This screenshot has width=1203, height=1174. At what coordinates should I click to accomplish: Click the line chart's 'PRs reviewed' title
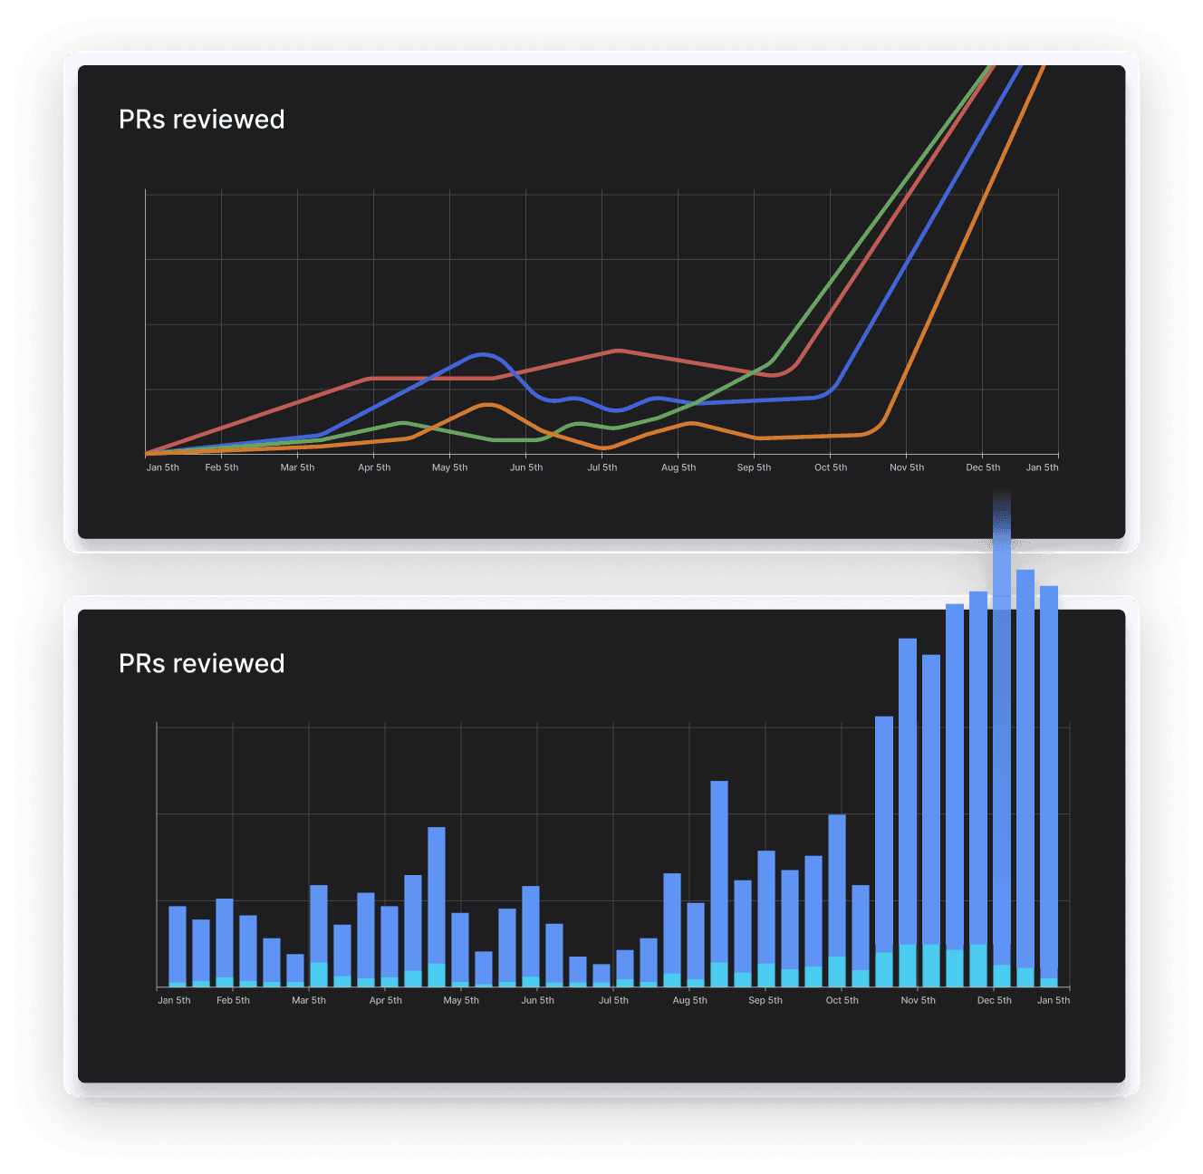pyautogui.click(x=201, y=120)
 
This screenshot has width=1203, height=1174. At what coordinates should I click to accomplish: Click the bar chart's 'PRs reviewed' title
pyautogui.click(x=201, y=664)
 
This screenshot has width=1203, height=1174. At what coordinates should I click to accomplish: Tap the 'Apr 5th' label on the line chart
pyautogui.click(x=374, y=467)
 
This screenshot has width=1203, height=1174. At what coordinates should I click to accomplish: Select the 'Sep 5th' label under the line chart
pyautogui.click(x=754, y=467)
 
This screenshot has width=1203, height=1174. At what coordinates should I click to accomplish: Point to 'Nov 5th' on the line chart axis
pyautogui.click(x=907, y=467)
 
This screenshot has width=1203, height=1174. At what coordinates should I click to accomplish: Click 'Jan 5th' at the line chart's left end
pyautogui.click(x=163, y=467)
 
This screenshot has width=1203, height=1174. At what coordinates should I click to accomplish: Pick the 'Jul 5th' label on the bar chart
pyautogui.click(x=613, y=1000)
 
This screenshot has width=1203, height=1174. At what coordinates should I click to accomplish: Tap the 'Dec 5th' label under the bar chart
pyautogui.click(x=994, y=1000)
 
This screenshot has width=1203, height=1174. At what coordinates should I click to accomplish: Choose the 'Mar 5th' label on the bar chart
pyautogui.click(x=309, y=1000)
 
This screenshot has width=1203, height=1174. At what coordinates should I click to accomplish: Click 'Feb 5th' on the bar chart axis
pyautogui.click(x=233, y=1000)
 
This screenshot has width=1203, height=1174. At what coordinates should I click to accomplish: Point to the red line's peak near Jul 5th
pyautogui.click(x=618, y=350)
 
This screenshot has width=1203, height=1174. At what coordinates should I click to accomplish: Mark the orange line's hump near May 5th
pyautogui.click(x=488, y=405)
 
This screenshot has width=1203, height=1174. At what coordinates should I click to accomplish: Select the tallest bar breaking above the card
pyautogui.click(x=1002, y=725)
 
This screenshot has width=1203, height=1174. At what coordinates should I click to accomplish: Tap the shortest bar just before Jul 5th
pyautogui.click(x=601, y=975)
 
